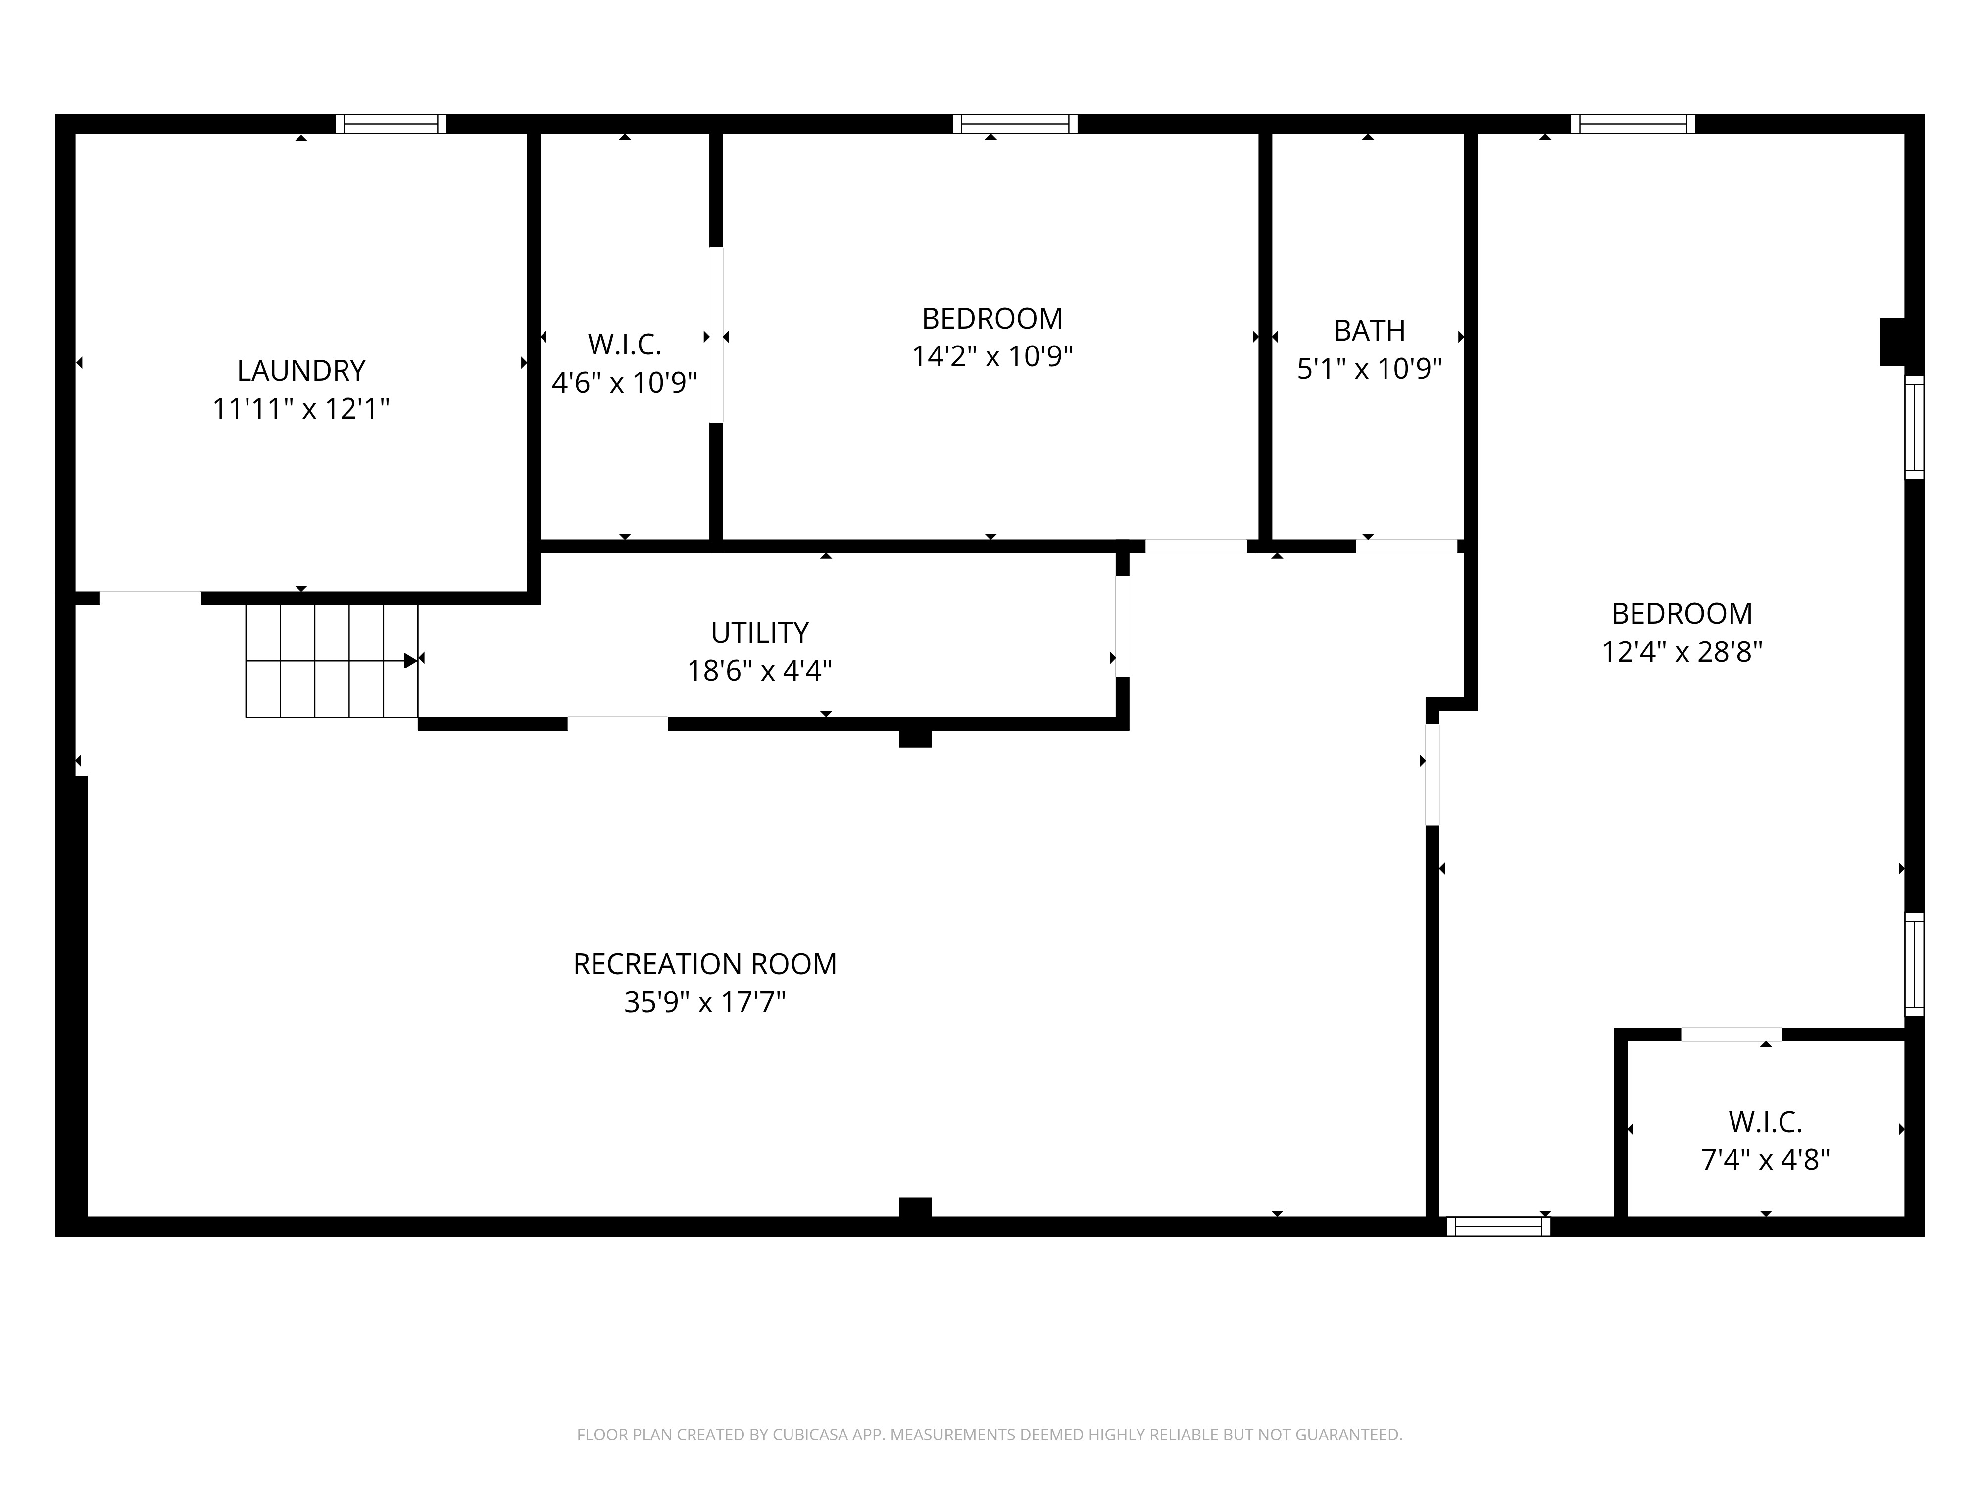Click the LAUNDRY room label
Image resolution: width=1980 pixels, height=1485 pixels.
tap(301, 371)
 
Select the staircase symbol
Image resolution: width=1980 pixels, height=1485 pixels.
tap(331, 661)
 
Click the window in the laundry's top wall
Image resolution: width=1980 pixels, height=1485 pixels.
tap(391, 124)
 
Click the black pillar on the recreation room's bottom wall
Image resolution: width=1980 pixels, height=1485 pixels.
tap(915, 1207)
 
